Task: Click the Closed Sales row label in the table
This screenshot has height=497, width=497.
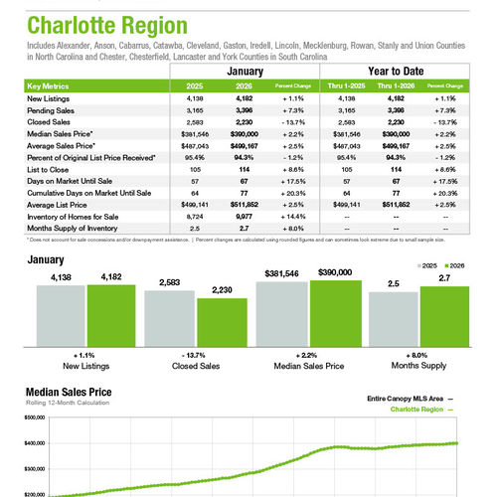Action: coord(49,120)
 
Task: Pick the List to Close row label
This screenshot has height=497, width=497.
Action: coord(46,170)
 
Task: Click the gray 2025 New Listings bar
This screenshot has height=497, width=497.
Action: coord(62,311)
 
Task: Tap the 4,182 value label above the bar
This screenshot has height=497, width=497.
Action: coord(109,276)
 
